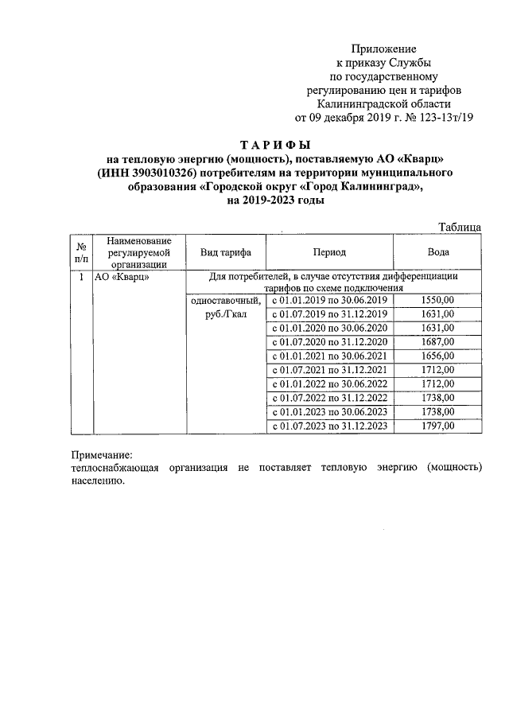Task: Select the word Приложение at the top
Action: [384, 49]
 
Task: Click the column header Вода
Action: [437, 252]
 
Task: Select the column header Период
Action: [329, 252]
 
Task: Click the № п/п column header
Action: [80, 252]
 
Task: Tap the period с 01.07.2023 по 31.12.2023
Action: [329, 426]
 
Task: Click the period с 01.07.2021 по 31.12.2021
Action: [329, 370]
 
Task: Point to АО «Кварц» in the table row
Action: [121, 278]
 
